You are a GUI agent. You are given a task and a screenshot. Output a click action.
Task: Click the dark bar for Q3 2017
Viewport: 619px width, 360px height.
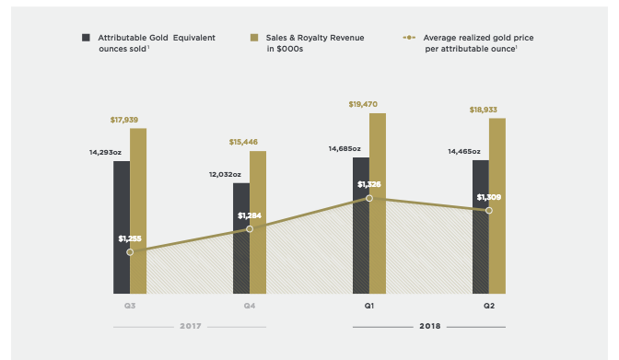pos(122,227)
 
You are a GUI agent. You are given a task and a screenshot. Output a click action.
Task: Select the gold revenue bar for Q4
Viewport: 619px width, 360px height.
pos(258,222)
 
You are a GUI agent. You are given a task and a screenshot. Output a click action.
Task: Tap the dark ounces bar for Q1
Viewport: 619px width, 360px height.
pos(361,226)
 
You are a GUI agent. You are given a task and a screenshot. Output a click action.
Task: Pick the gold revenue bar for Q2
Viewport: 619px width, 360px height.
pos(497,205)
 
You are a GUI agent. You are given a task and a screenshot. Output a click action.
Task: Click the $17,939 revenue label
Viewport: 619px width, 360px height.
pos(124,120)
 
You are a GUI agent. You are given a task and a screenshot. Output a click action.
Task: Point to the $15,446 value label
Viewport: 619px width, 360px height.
pos(243,142)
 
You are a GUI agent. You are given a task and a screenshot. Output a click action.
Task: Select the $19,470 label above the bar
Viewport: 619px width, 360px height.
pos(363,104)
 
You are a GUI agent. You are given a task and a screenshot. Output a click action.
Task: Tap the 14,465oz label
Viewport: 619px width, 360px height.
pos(464,152)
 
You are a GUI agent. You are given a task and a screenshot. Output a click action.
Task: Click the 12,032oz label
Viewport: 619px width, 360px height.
pos(225,174)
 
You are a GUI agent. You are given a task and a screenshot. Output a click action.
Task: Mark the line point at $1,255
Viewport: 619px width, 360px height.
pos(130,252)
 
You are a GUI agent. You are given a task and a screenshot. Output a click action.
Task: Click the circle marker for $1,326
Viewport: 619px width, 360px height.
pos(369,198)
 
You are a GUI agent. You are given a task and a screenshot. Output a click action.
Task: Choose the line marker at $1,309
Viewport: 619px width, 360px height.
pos(489,211)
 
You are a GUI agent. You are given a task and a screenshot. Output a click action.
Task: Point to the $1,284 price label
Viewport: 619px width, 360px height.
pos(250,215)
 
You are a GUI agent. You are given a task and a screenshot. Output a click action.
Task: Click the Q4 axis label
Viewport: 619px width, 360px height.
pos(250,306)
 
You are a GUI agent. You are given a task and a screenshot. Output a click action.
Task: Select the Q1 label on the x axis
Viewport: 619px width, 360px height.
pos(369,306)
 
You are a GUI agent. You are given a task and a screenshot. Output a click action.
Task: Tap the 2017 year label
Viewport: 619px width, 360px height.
pos(191,326)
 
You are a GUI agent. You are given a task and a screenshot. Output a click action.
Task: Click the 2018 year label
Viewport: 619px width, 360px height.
pos(430,326)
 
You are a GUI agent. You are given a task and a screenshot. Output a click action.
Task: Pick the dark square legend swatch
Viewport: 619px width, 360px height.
pos(86,38)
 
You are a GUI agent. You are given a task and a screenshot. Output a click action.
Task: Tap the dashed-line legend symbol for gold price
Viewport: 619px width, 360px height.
pos(409,38)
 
